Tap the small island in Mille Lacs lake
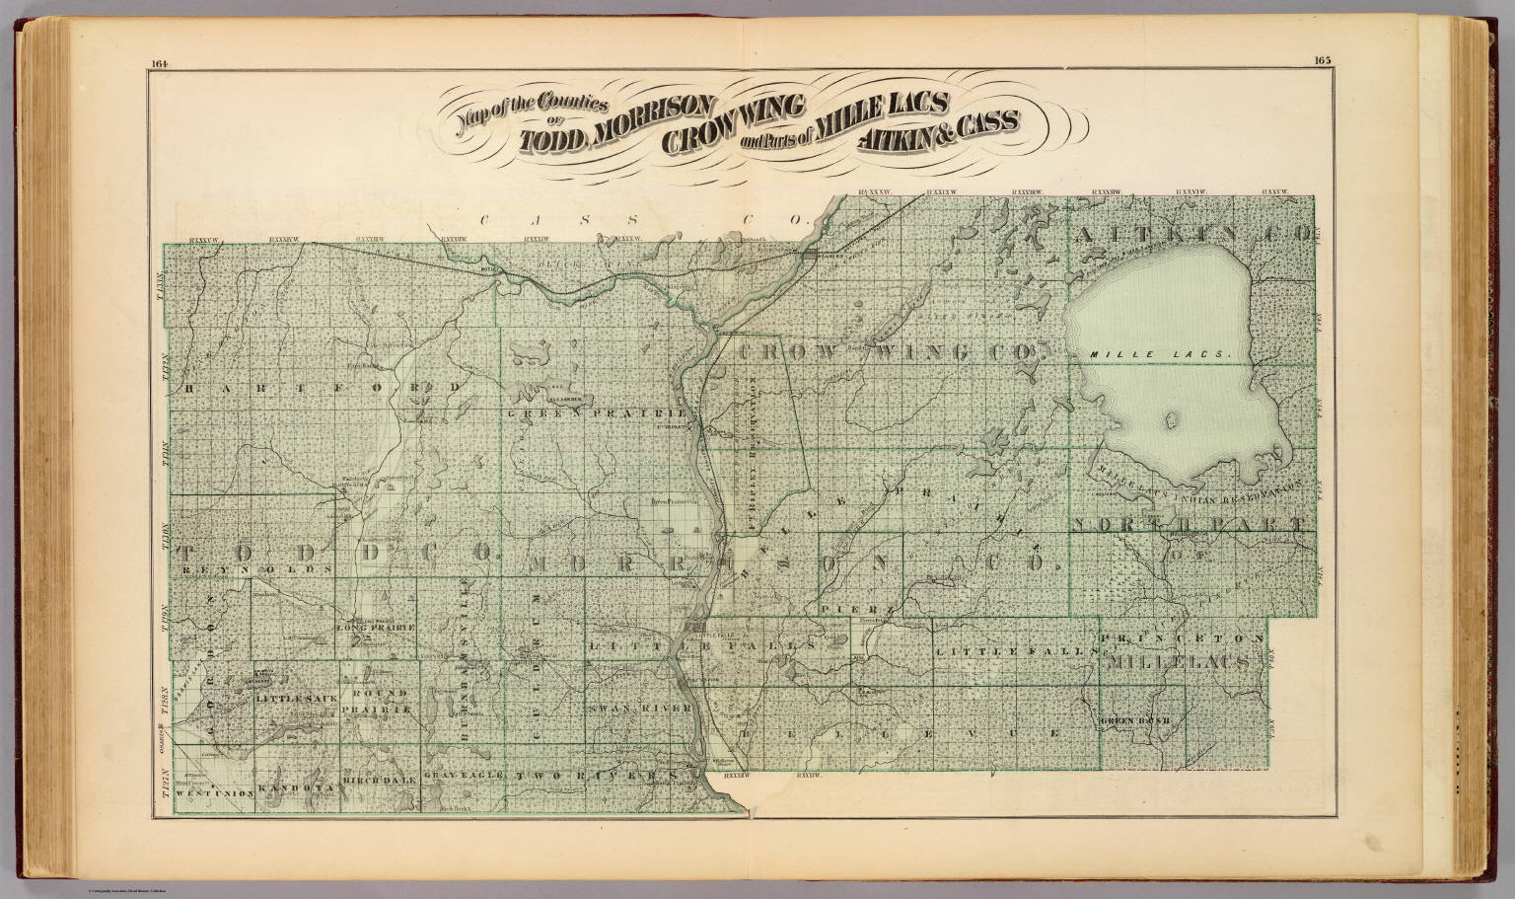1171,422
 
